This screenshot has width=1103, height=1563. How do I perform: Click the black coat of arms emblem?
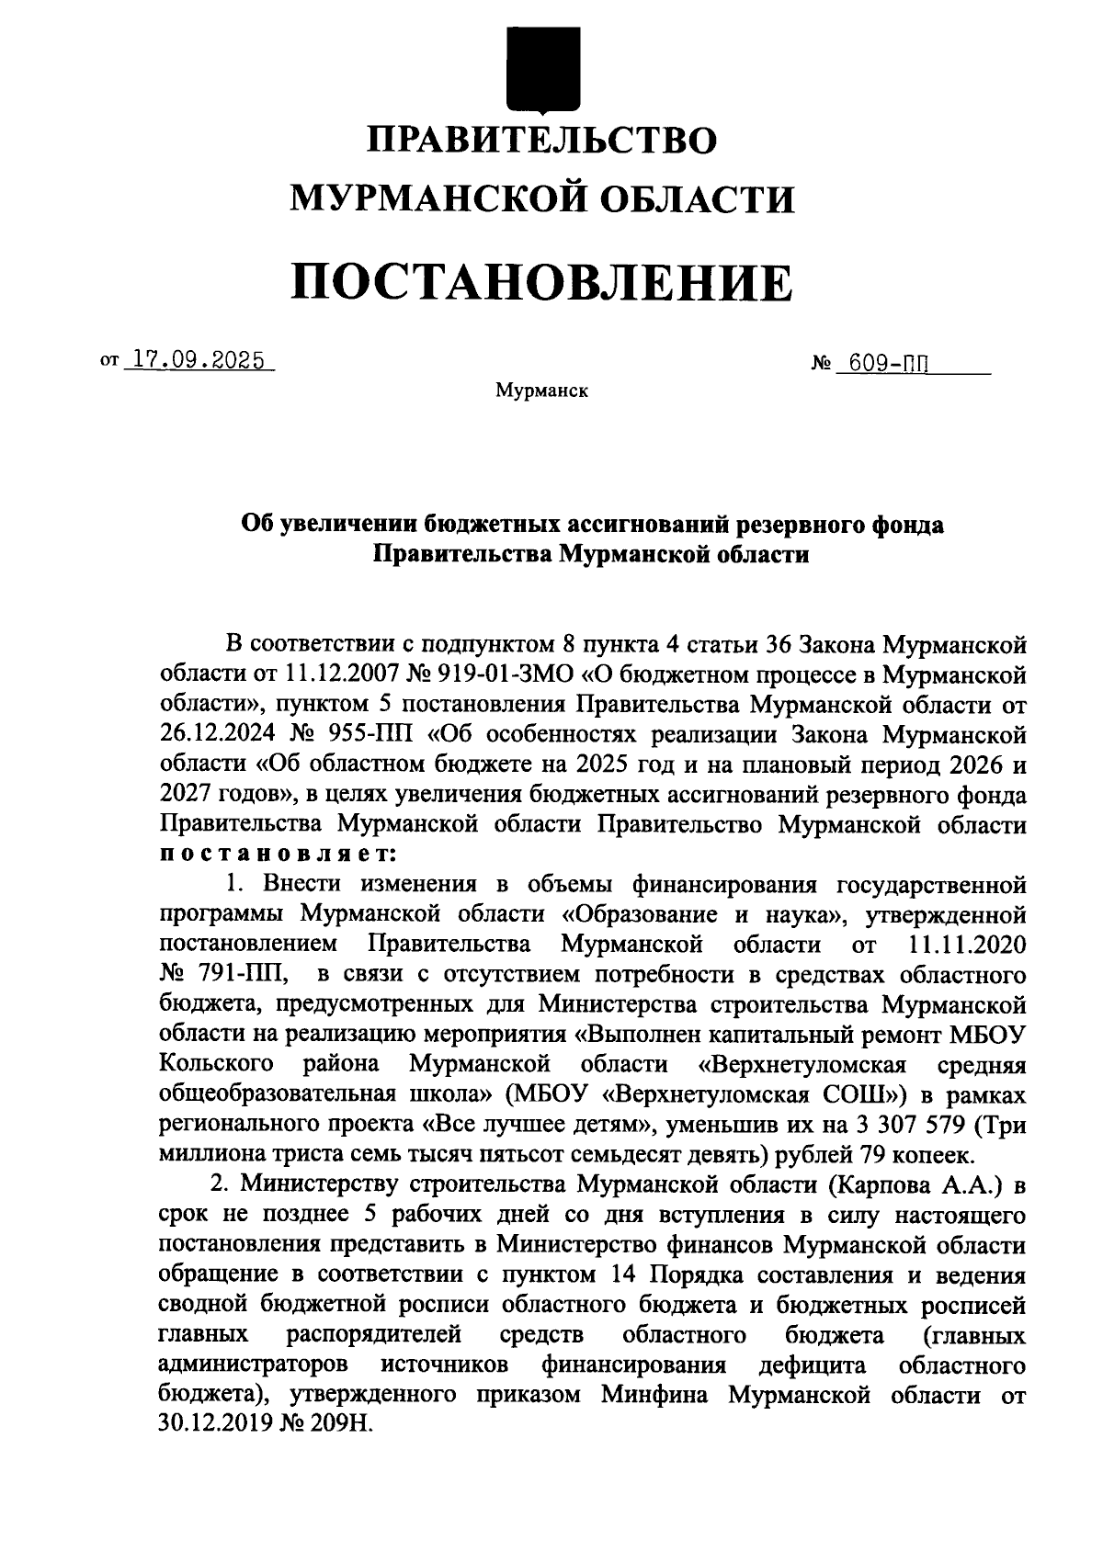click(x=542, y=68)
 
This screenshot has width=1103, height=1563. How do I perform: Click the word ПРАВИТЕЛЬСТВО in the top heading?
click(x=542, y=140)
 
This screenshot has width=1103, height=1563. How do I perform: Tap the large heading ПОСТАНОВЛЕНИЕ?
click(x=542, y=282)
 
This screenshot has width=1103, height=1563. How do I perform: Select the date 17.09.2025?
click(x=198, y=359)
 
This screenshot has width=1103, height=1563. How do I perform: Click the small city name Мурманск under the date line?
click(x=542, y=392)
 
